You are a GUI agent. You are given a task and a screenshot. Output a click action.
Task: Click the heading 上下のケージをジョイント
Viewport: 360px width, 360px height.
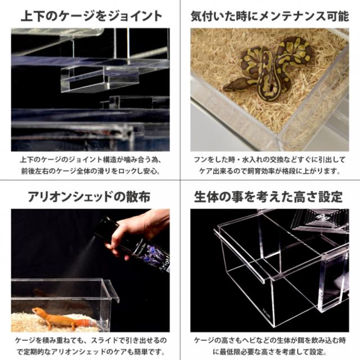tap(90, 15)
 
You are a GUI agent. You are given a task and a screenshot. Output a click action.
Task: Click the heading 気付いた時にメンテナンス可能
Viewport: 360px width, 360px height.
tap(269, 15)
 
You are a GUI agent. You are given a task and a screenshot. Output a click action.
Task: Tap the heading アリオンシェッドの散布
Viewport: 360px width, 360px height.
tap(90, 197)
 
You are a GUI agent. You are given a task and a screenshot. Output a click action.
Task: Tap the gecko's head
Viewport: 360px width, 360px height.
tap(38, 311)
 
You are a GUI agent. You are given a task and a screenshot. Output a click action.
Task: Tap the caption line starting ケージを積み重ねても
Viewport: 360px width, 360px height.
tap(90, 340)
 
